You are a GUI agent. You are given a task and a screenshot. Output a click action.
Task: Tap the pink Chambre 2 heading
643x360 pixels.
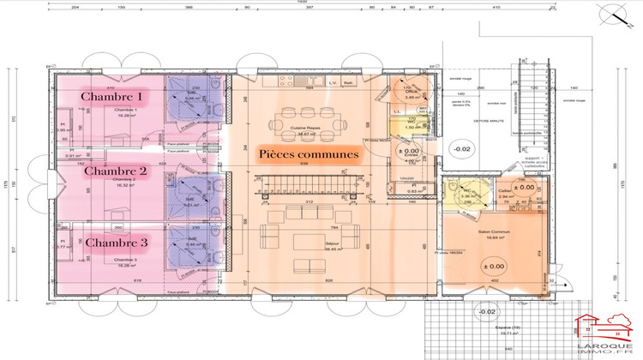[x=116, y=171]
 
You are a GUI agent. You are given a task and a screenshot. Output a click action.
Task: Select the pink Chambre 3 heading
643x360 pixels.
[x=116, y=243]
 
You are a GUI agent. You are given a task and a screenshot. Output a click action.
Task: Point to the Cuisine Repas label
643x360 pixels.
[x=304, y=126]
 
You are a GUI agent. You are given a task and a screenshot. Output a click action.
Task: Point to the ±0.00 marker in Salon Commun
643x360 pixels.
[x=496, y=267]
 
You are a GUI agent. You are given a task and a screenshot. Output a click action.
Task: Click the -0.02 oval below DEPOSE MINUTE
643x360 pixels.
[x=463, y=149]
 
